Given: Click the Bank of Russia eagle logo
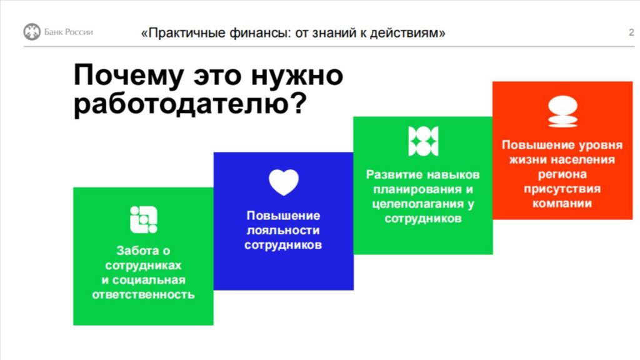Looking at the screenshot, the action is [32, 32].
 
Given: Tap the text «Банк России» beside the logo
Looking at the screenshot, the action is [69, 32].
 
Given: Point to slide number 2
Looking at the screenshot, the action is [631, 32].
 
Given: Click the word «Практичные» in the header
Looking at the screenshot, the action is [183, 32].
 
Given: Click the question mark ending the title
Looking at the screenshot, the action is [299, 103].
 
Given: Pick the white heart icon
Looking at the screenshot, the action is [284, 182].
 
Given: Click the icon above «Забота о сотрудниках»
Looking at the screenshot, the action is [144, 219].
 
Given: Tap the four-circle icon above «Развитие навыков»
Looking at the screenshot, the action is [423, 141].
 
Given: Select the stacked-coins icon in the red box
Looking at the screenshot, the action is [563, 111].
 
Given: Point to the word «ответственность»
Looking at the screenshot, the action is [143, 294].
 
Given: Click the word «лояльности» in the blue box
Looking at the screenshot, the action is [283, 230].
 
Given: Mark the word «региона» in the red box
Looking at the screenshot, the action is [562, 174].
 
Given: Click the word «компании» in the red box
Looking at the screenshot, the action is [562, 203].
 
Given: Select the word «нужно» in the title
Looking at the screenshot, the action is [297, 76].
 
